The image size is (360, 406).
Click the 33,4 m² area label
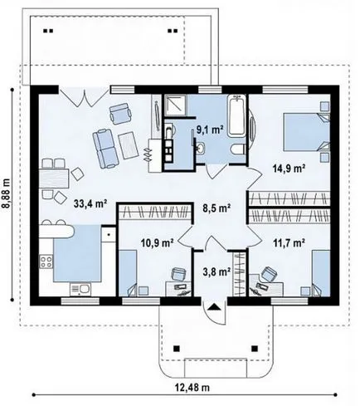click(90, 203)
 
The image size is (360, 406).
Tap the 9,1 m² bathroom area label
click(210, 130)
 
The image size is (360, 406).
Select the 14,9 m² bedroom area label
click(289, 168)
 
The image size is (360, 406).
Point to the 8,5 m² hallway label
click(216, 208)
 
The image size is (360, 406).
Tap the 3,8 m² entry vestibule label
click(216, 272)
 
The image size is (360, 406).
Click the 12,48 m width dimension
click(192, 388)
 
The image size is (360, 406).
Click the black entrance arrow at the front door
click(214, 306)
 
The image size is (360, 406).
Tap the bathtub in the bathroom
click(236, 115)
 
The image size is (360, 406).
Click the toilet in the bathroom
click(238, 149)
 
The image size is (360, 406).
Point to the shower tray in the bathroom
click(175, 105)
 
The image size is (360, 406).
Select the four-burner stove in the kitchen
click(46, 262)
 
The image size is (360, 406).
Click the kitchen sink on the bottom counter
click(80, 290)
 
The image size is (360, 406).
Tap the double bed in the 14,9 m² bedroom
click(306, 133)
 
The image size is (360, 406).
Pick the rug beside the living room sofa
click(129, 145)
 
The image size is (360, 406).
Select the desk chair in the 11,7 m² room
click(269, 274)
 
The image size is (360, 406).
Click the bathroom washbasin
click(201, 148)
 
